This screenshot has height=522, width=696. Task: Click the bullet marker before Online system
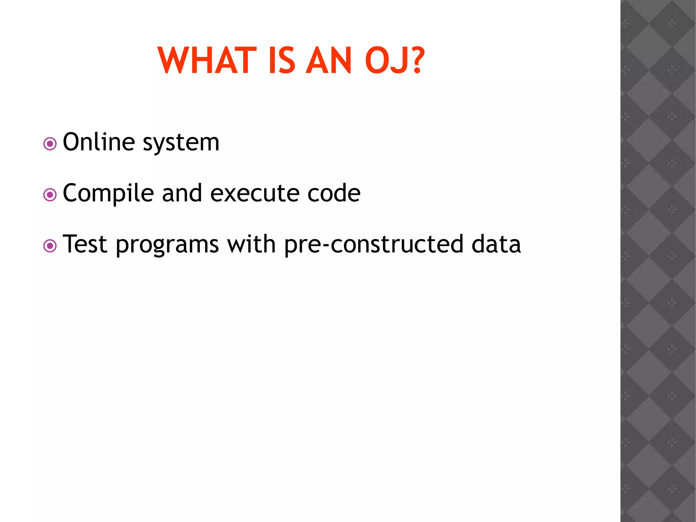(x=50, y=144)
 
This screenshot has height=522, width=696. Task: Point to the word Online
(x=99, y=142)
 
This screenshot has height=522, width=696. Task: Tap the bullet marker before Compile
(x=50, y=195)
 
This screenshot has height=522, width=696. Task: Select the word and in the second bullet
(x=182, y=193)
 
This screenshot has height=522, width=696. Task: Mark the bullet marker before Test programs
(x=50, y=246)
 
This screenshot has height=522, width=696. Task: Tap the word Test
(x=85, y=244)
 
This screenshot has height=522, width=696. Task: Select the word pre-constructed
(x=374, y=245)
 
